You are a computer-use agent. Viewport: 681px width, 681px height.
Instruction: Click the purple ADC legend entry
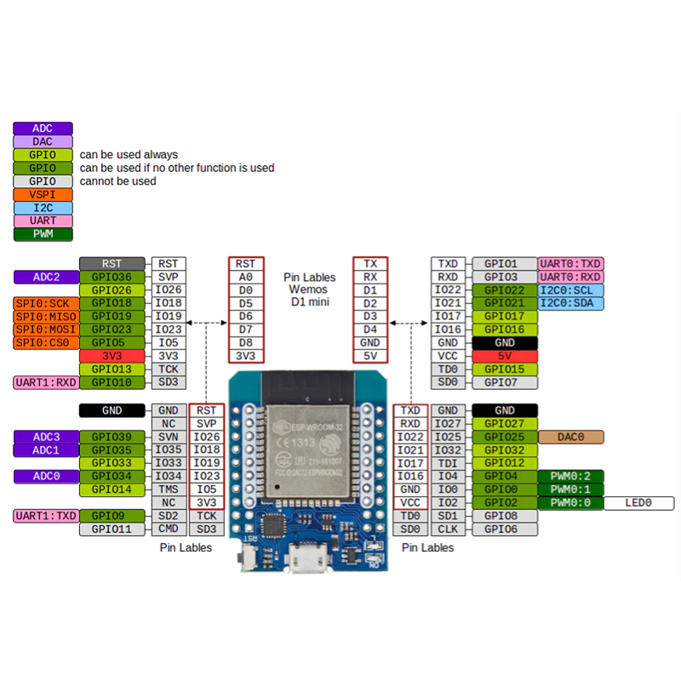(43, 129)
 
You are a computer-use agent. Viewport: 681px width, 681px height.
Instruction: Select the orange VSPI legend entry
(43, 195)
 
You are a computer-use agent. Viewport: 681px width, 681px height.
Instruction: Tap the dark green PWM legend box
(43, 234)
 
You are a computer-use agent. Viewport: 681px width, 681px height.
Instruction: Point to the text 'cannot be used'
(117, 181)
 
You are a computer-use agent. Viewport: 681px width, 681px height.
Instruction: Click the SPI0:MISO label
(47, 317)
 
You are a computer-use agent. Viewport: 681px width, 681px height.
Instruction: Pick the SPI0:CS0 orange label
(47, 343)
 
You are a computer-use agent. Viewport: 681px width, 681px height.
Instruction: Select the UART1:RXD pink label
(47, 382)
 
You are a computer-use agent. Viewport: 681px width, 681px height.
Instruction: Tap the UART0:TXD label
(570, 264)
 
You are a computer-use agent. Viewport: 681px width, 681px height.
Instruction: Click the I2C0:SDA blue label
(570, 303)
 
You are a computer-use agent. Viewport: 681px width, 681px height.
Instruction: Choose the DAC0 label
(570, 437)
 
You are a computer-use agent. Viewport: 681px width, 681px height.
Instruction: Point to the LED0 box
(639, 503)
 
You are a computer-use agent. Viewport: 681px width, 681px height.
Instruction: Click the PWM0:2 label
(570, 477)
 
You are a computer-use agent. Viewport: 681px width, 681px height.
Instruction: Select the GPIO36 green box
(112, 278)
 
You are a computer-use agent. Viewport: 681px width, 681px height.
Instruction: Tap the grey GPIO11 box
(112, 529)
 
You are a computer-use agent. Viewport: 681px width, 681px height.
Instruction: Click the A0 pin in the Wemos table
(246, 278)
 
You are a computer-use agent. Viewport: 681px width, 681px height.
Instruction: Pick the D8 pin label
(246, 343)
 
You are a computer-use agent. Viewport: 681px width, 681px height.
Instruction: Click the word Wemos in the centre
(308, 289)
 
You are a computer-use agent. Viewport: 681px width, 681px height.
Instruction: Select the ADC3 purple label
(47, 437)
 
